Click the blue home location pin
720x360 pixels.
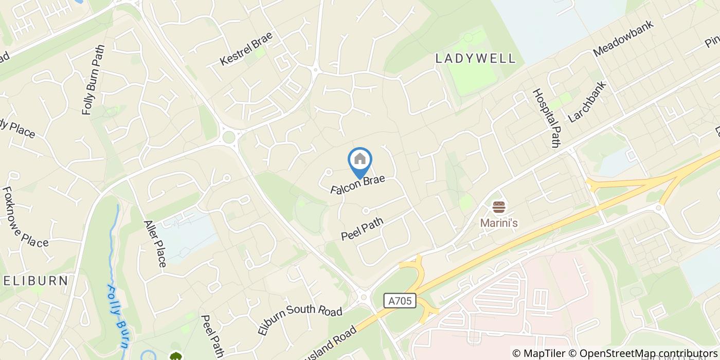(x=360, y=162)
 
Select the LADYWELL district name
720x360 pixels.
(x=475, y=59)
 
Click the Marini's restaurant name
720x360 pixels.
(x=498, y=223)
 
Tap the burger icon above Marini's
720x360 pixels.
(x=498, y=208)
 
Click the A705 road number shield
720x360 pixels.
(x=400, y=301)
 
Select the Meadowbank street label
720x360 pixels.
(x=623, y=39)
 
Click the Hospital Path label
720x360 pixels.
(x=545, y=118)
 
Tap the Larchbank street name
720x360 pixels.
(x=587, y=101)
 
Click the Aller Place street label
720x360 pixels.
(x=155, y=244)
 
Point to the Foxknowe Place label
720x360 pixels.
(x=25, y=217)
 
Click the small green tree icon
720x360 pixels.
(x=176, y=356)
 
